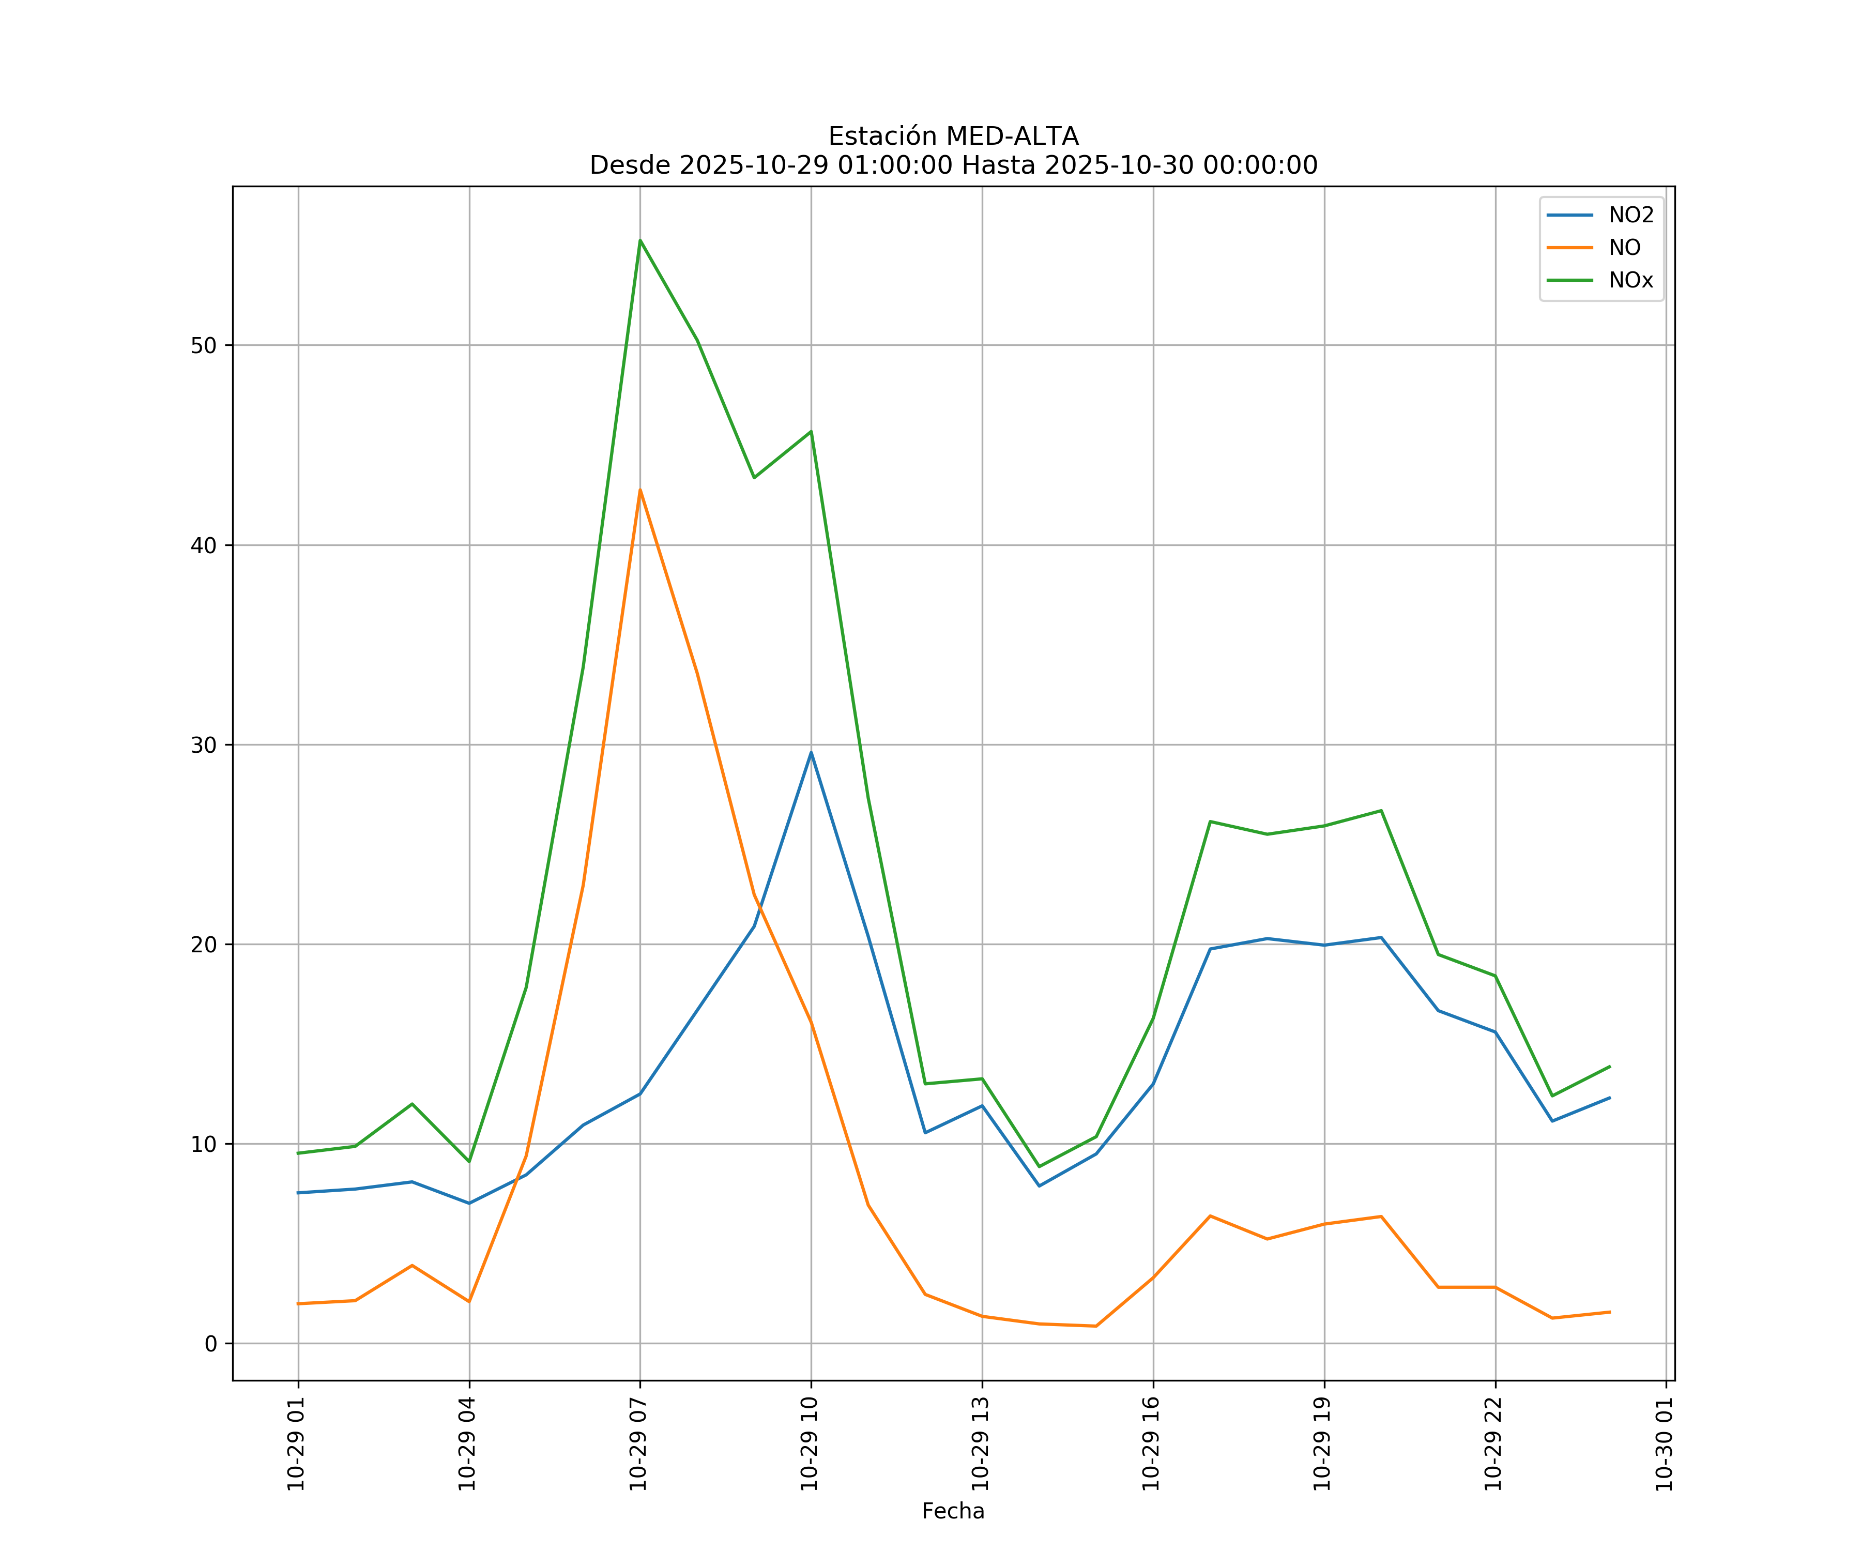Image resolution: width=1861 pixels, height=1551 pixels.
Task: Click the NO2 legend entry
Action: pos(1630,216)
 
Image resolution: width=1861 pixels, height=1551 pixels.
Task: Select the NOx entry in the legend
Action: pos(1630,281)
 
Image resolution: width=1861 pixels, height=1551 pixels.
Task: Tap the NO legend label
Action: pos(1624,248)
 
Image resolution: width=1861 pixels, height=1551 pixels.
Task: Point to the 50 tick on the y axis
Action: pos(203,346)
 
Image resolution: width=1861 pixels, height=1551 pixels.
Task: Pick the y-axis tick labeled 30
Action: pos(203,744)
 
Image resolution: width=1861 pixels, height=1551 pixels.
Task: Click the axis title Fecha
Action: pos(953,1511)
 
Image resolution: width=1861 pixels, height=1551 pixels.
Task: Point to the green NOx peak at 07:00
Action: pos(640,240)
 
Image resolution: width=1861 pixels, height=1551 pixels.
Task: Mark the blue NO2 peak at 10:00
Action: pos(811,752)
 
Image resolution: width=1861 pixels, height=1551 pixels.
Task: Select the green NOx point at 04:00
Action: pos(469,1161)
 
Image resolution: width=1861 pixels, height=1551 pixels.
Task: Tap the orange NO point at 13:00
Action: pos(982,1316)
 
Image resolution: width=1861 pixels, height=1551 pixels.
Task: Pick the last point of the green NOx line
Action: pos(1609,1066)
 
